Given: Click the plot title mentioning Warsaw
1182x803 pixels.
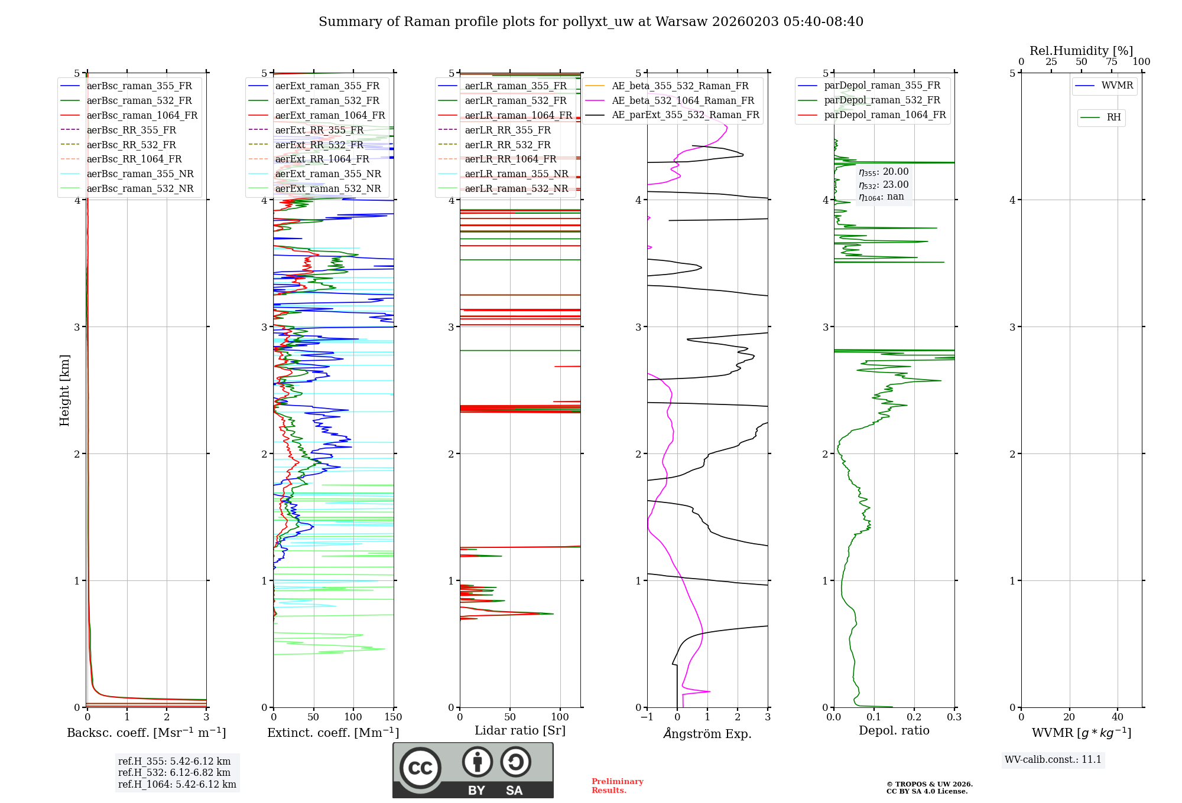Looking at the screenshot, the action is pos(591,22).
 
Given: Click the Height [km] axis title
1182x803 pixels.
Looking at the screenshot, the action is pos(64,390).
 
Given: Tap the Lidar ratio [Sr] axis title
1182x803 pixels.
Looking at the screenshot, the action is pos(520,730).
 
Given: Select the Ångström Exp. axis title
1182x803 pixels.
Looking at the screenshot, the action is pos(707,733).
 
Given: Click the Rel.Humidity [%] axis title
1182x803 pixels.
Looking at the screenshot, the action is pos(1082,51).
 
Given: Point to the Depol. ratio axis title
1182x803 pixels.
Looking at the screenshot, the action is pos(894,730).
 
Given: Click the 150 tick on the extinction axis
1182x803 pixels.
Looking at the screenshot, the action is pos(393,717).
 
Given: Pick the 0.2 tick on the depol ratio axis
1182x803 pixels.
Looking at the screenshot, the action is pos(914,717).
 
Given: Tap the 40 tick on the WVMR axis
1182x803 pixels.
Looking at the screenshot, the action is pos(1118,717).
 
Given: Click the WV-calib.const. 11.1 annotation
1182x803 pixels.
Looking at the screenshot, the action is pos(1053,759).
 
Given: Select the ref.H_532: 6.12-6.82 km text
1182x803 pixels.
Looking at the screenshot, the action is pos(174,772).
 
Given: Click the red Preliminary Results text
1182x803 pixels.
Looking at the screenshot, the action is pos(618,786).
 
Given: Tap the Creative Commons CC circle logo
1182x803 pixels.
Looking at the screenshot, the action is pos(420,768).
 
